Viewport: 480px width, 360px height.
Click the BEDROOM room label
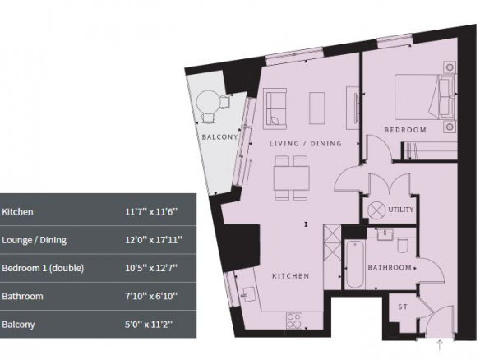[405, 130]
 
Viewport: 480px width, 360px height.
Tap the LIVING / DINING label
[305, 143]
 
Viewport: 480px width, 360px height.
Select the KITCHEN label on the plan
[290, 276]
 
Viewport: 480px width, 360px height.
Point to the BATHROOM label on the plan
[390, 268]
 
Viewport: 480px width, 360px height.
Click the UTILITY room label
[401, 210]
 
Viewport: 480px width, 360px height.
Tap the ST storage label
[403, 307]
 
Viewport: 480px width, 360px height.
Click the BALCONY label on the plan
[219, 136]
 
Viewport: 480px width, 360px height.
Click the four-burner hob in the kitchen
[294, 321]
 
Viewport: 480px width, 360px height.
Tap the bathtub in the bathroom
[355, 265]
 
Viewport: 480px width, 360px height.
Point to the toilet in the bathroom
[403, 245]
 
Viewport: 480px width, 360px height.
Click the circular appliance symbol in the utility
[376, 210]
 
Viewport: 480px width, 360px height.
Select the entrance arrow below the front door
[440, 344]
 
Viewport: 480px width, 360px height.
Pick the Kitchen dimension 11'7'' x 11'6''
[151, 211]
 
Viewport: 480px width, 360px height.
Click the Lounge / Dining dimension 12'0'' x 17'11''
[154, 240]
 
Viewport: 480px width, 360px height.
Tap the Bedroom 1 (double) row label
[43, 268]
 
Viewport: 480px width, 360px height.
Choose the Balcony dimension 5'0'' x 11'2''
[149, 324]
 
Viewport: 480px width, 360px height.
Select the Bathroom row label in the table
[22, 297]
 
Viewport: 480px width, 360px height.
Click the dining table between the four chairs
[292, 178]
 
